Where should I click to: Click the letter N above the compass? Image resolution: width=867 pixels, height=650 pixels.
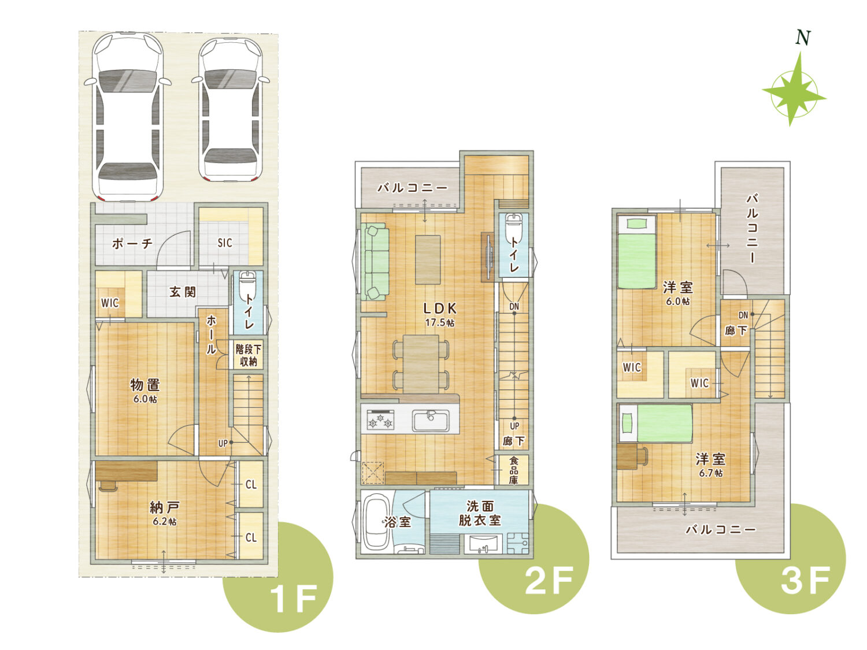[x=803, y=38]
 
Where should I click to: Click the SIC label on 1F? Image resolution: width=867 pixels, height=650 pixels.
[x=225, y=243]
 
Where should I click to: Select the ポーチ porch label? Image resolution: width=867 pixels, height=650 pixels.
[x=132, y=243]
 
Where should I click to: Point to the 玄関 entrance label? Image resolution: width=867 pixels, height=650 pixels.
[x=183, y=292]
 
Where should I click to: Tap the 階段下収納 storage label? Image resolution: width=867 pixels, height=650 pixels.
[x=249, y=355]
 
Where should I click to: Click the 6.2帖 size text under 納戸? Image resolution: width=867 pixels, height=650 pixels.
[x=165, y=521]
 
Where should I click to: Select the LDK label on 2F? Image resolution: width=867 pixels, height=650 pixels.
[x=440, y=308]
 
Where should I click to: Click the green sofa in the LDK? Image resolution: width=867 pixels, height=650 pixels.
[x=375, y=262]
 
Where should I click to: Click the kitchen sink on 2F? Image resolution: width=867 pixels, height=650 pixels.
[x=431, y=420]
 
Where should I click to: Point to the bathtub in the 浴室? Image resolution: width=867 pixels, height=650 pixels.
[x=376, y=522]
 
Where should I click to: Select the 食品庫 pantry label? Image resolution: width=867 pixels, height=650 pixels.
[x=513, y=470]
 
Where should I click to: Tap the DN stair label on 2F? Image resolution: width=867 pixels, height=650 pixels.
[x=514, y=306]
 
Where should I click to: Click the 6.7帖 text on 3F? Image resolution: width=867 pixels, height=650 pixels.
[x=710, y=473]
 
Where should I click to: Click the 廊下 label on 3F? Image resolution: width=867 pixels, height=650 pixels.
[x=736, y=330]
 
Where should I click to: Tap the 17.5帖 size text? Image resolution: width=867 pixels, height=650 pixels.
[x=440, y=322]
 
